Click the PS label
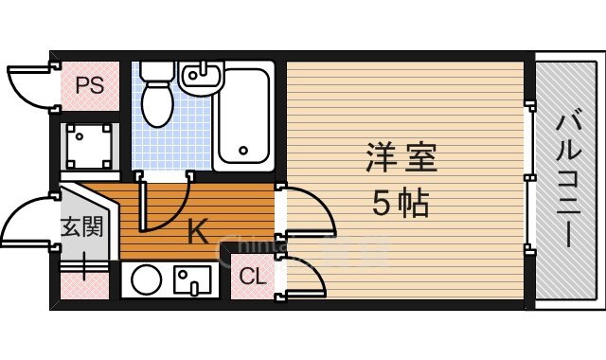(89, 86)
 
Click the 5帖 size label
(401, 204)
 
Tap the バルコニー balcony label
(568, 180)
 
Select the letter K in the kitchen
(197, 231)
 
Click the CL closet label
(252, 277)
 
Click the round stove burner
(146, 280)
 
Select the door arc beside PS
(28, 85)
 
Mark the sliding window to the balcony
(527, 180)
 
